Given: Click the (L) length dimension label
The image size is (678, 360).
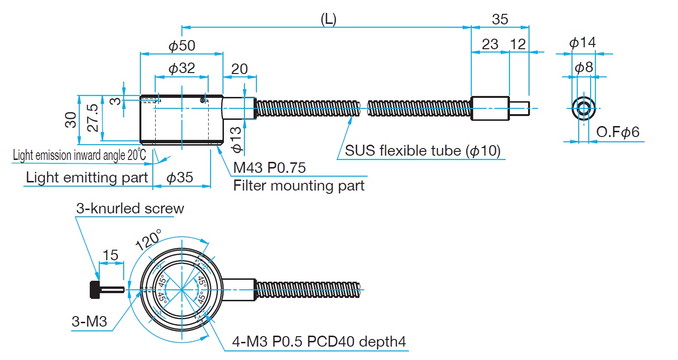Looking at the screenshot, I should click(328, 20).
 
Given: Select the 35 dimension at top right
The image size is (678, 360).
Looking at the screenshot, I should click(500, 20).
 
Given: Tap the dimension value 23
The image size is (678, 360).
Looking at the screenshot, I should click(490, 44).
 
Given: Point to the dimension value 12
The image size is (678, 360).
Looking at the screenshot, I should click(518, 44).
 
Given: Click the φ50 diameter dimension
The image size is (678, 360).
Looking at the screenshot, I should click(182, 46).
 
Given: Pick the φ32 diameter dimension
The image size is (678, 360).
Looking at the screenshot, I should click(182, 69).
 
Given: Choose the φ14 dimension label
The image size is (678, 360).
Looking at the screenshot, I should click(583, 43).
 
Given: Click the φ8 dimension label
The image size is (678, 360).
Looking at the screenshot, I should click(583, 67).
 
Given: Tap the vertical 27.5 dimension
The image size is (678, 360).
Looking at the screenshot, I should click(93, 118).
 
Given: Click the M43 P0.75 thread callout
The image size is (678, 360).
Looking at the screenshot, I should click(269, 168).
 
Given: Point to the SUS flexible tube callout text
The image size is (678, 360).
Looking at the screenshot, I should click(423, 151).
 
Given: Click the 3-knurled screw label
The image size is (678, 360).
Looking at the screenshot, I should click(130, 209).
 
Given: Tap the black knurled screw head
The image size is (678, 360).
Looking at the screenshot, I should click(94, 290).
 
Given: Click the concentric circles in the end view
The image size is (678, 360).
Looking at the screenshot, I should click(583, 109).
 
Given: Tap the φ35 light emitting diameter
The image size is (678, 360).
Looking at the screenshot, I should click(180, 178).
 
